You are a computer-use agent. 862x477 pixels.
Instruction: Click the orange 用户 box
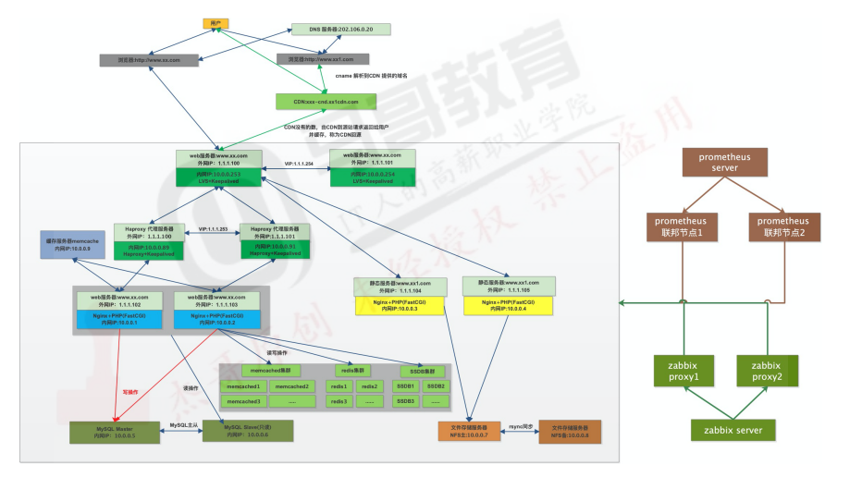[x=215, y=23]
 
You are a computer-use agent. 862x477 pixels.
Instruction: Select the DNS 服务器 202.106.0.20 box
[x=334, y=29]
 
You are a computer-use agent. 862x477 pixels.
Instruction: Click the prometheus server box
[x=718, y=163]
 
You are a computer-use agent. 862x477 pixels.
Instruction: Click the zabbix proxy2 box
[x=768, y=371]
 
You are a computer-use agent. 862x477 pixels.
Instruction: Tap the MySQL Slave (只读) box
[x=247, y=432]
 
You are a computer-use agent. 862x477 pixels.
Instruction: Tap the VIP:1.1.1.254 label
[x=297, y=163]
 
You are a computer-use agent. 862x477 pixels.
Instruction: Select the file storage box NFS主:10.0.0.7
[x=469, y=431]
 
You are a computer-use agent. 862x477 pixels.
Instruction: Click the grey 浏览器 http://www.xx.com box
[x=152, y=60]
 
